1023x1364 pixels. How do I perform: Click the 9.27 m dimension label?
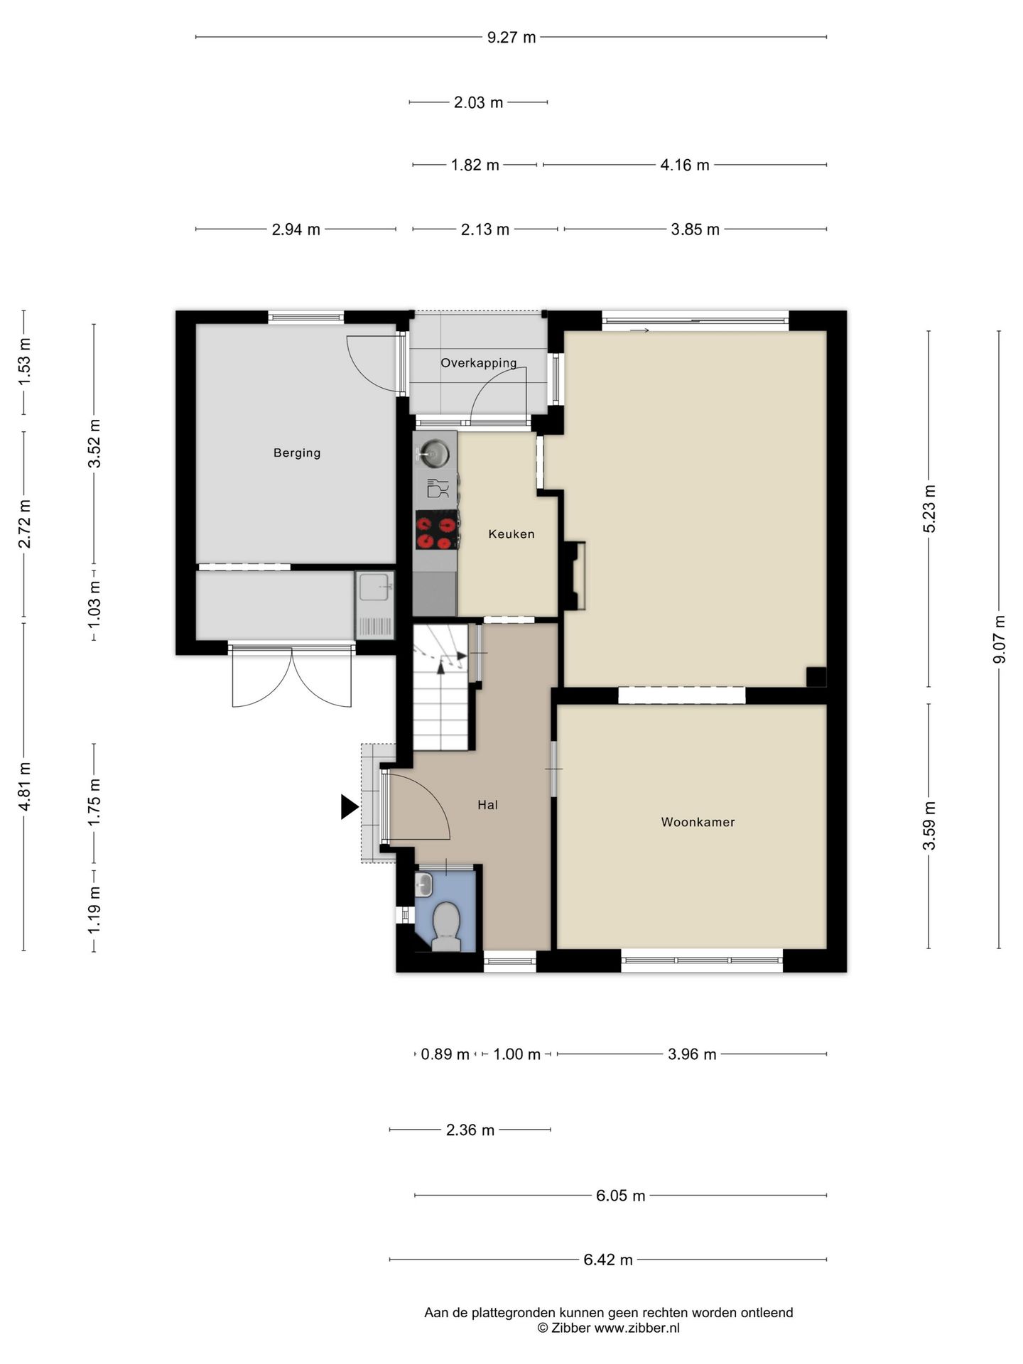511,38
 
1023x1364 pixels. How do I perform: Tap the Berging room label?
297,453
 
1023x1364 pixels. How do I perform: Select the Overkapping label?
479,363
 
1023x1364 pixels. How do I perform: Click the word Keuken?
511,534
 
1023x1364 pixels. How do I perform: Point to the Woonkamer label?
698,822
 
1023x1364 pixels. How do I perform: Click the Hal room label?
487,805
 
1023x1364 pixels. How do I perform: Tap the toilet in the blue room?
445,926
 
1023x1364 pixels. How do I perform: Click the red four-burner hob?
436,530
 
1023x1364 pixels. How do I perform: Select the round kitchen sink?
434,450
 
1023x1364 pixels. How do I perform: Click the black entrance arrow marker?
350,807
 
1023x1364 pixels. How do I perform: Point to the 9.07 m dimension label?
1000,639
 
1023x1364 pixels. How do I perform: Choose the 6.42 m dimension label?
608,1260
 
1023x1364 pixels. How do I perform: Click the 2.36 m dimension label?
470,1130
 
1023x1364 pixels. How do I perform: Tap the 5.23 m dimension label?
929,509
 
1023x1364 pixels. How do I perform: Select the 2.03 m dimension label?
479,103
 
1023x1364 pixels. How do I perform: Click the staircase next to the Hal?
441,687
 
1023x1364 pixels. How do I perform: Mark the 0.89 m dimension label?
445,1055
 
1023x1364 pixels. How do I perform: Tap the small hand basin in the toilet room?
424,884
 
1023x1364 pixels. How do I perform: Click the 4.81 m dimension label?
25,786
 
